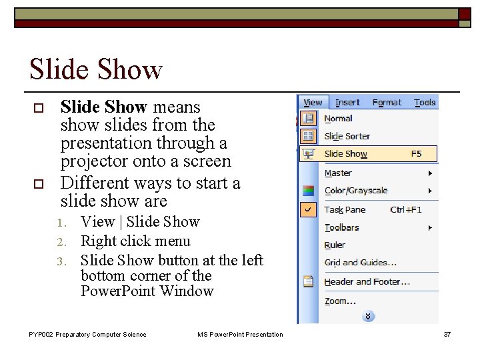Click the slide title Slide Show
coord(96,69)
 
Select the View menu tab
coord(313,103)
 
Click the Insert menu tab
coord(347,103)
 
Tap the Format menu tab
coord(387,103)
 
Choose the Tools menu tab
coord(425,103)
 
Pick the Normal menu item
coord(338,119)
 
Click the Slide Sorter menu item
coord(347,136)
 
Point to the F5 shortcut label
coord(416,154)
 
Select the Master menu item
coord(338,173)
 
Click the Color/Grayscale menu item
coord(355,191)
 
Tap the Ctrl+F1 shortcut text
coord(406,210)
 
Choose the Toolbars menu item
coord(341,227)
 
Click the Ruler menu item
coord(335,245)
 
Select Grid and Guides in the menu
coord(360,263)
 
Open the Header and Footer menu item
coord(367,282)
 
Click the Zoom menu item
coord(336,301)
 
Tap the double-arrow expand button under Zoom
coord(368,316)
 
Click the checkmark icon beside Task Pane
coord(308,209)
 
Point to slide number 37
coord(447,335)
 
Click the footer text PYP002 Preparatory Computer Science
coord(87,335)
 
